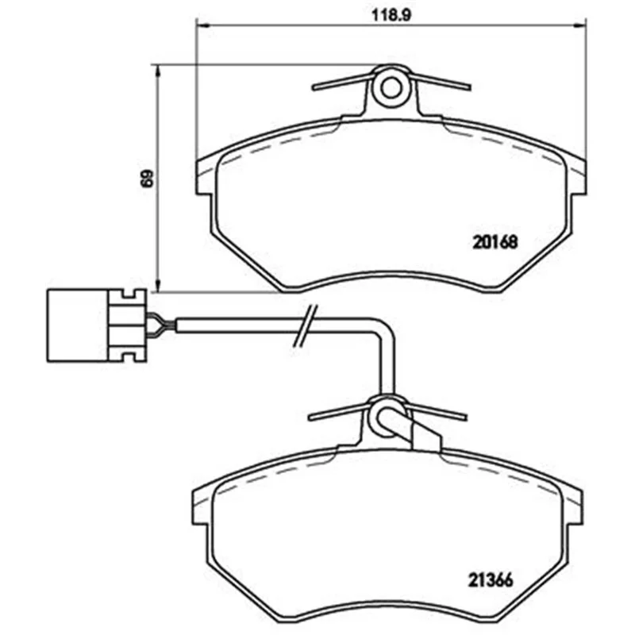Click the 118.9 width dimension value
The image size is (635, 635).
[x=391, y=15]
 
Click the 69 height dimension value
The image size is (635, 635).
[x=148, y=178]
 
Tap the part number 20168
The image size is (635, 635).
[x=495, y=242]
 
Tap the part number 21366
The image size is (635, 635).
[x=491, y=580]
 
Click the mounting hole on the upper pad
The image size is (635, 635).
[x=391, y=88]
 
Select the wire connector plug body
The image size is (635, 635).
[x=97, y=325]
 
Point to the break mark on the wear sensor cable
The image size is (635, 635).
[x=306, y=326]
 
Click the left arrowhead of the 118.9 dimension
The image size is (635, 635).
[x=202, y=25]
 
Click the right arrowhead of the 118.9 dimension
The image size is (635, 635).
[x=580, y=25]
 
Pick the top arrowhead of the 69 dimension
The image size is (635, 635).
[x=158, y=71]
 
